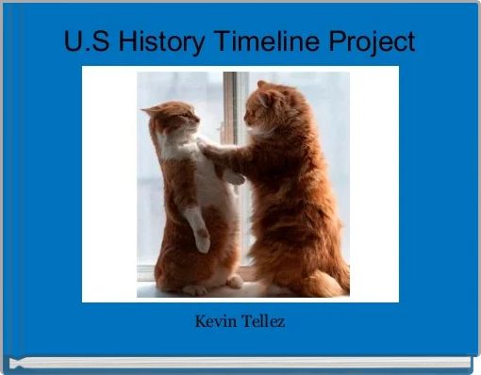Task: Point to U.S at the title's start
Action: [x=84, y=42]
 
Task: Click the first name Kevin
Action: [x=215, y=323]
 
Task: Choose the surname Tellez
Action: [x=262, y=323]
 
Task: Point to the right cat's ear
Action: [x=263, y=87]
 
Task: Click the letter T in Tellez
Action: [x=241, y=323]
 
